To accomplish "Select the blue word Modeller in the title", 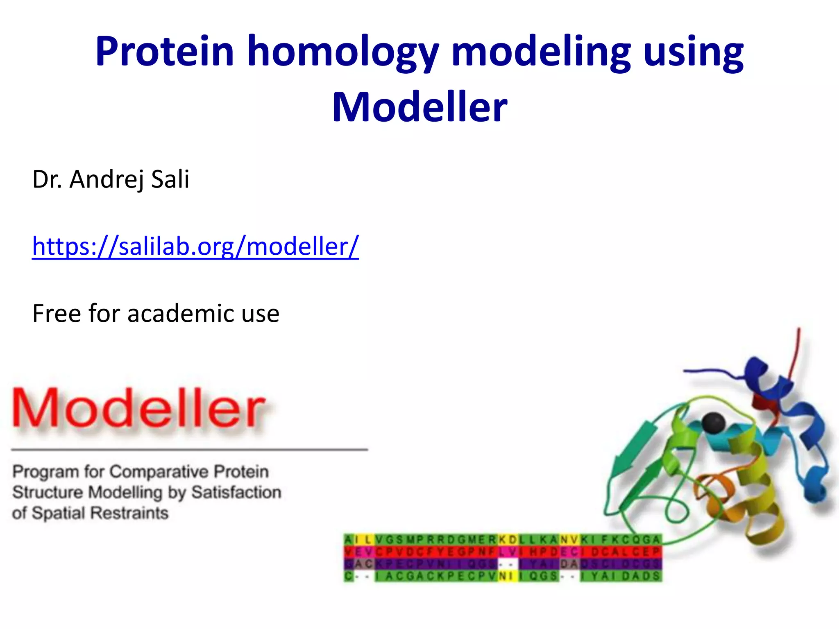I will [419, 107].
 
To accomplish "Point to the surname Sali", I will [170, 179].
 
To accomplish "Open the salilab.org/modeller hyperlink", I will [195, 247].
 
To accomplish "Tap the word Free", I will [57, 314].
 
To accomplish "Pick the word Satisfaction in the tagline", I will [236, 492].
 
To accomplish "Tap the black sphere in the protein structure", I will [713, 423].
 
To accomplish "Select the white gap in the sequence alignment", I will [508, 564].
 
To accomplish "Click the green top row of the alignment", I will [430, 540].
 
